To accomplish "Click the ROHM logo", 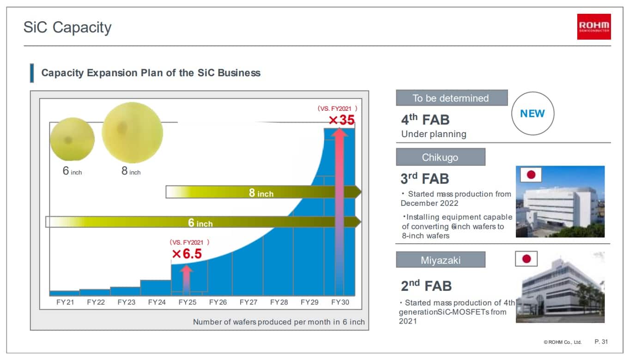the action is click(594, 27).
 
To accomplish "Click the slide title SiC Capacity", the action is click(67, 28).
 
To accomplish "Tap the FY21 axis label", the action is click(65, 302).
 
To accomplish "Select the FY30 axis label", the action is click(340, 302).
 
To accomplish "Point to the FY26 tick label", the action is click(218, 302).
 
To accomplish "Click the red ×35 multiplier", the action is click(342, 120).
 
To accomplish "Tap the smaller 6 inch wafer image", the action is click(72, 139).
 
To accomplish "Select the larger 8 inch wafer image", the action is click(132, 132).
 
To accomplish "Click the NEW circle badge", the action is click(532, 114).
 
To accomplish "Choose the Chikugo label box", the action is click(441, 157).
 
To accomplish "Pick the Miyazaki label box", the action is click(441, 259).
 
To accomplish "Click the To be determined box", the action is click(452, 98).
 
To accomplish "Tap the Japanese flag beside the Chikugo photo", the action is click(531, 175).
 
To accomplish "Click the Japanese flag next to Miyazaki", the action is click(526, 259).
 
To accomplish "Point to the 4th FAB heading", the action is click(425, 120).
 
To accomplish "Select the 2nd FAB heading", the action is click(426, 286).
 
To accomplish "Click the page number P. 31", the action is click(601, 342).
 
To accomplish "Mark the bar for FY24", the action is click(156, 288).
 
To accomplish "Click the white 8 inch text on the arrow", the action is click(261, 193).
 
